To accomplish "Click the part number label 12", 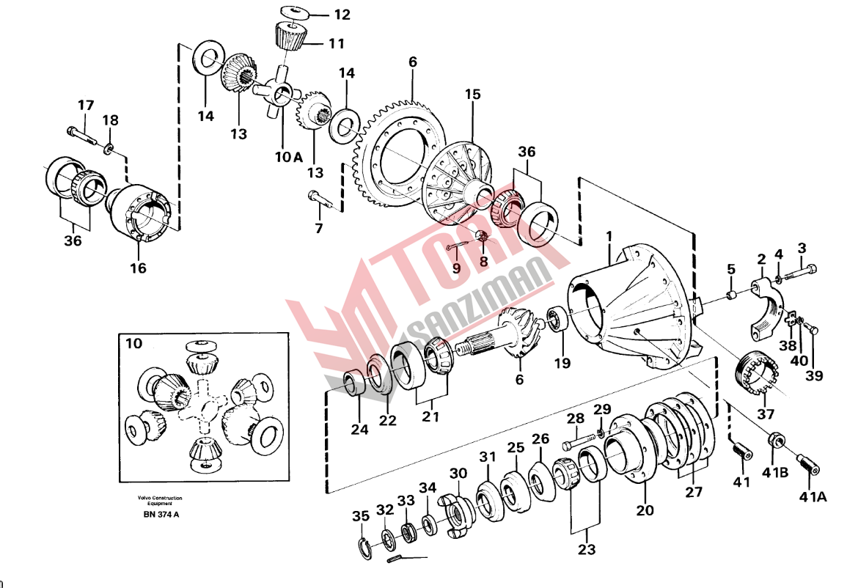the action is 342,14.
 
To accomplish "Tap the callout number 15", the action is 473,94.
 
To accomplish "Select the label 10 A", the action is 288,157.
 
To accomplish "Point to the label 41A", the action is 813,496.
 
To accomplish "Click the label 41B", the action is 775,471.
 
